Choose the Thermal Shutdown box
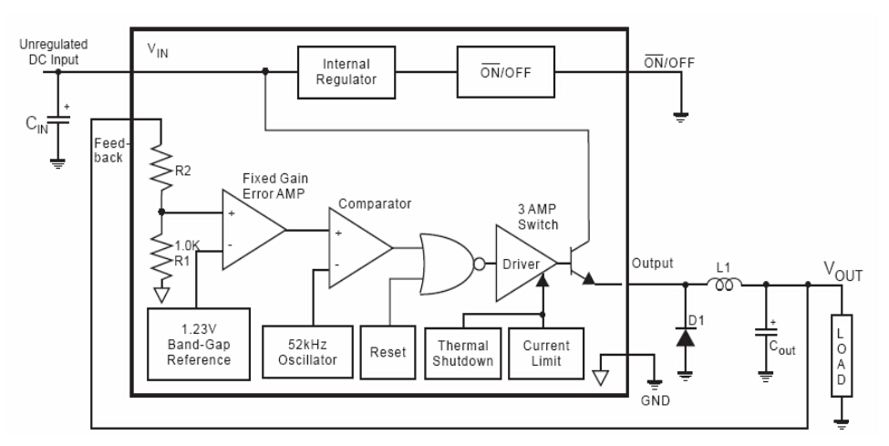click(462, 352)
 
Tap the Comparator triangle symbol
click(358, 247)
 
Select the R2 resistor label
click(185, 170)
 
